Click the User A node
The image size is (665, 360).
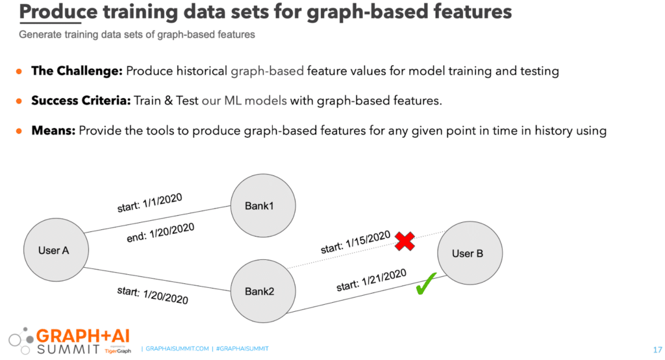(56, 250)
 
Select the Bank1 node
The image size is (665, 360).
(263, 205)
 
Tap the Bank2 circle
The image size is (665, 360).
(263, 291)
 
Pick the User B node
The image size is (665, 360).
(470, 253)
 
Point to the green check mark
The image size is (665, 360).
(426, 283)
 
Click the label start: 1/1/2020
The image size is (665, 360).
(149, 203)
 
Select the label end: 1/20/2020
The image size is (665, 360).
(160, 233)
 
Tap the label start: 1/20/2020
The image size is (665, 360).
(153, 296)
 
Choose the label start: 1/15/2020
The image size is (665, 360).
(355, 242)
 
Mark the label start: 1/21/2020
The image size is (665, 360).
(371, 280)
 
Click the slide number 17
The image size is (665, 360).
(657, 350)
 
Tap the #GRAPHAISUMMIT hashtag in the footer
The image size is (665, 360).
(242, 348)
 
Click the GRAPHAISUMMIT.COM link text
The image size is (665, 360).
(177, 348)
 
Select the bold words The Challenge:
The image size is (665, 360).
(77, 71)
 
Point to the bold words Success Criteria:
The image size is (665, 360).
(81, 101)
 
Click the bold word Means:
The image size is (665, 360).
(53, 131)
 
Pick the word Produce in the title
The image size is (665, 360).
(58, 12)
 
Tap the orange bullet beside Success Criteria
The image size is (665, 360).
(19, 101)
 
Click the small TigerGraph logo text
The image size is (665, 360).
(118, 351)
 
